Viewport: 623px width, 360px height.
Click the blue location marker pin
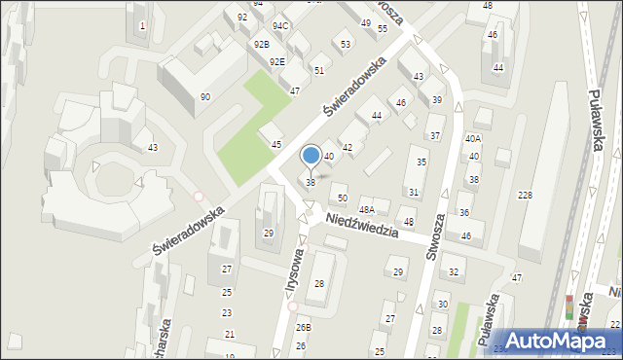(311, 156)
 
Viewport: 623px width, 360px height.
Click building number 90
(204, 96)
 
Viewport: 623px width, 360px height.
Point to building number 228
(525, 196)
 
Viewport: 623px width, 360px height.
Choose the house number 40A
(473, 139)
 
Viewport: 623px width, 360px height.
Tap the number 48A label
(367, 209)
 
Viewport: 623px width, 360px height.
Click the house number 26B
(304, 327)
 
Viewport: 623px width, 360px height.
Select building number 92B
(261, 45)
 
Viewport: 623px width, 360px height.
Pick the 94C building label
(280, 25)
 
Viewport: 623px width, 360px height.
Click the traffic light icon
(569, 307)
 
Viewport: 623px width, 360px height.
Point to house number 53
(346, 44)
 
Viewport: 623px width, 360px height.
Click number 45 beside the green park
(276, 145)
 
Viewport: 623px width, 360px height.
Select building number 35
(421, 162)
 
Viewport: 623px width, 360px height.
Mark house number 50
(342, 198)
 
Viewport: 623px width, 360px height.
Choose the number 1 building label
(143, 25)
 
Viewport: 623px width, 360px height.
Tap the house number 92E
(277, 62)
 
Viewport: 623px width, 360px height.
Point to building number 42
(347, 147)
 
